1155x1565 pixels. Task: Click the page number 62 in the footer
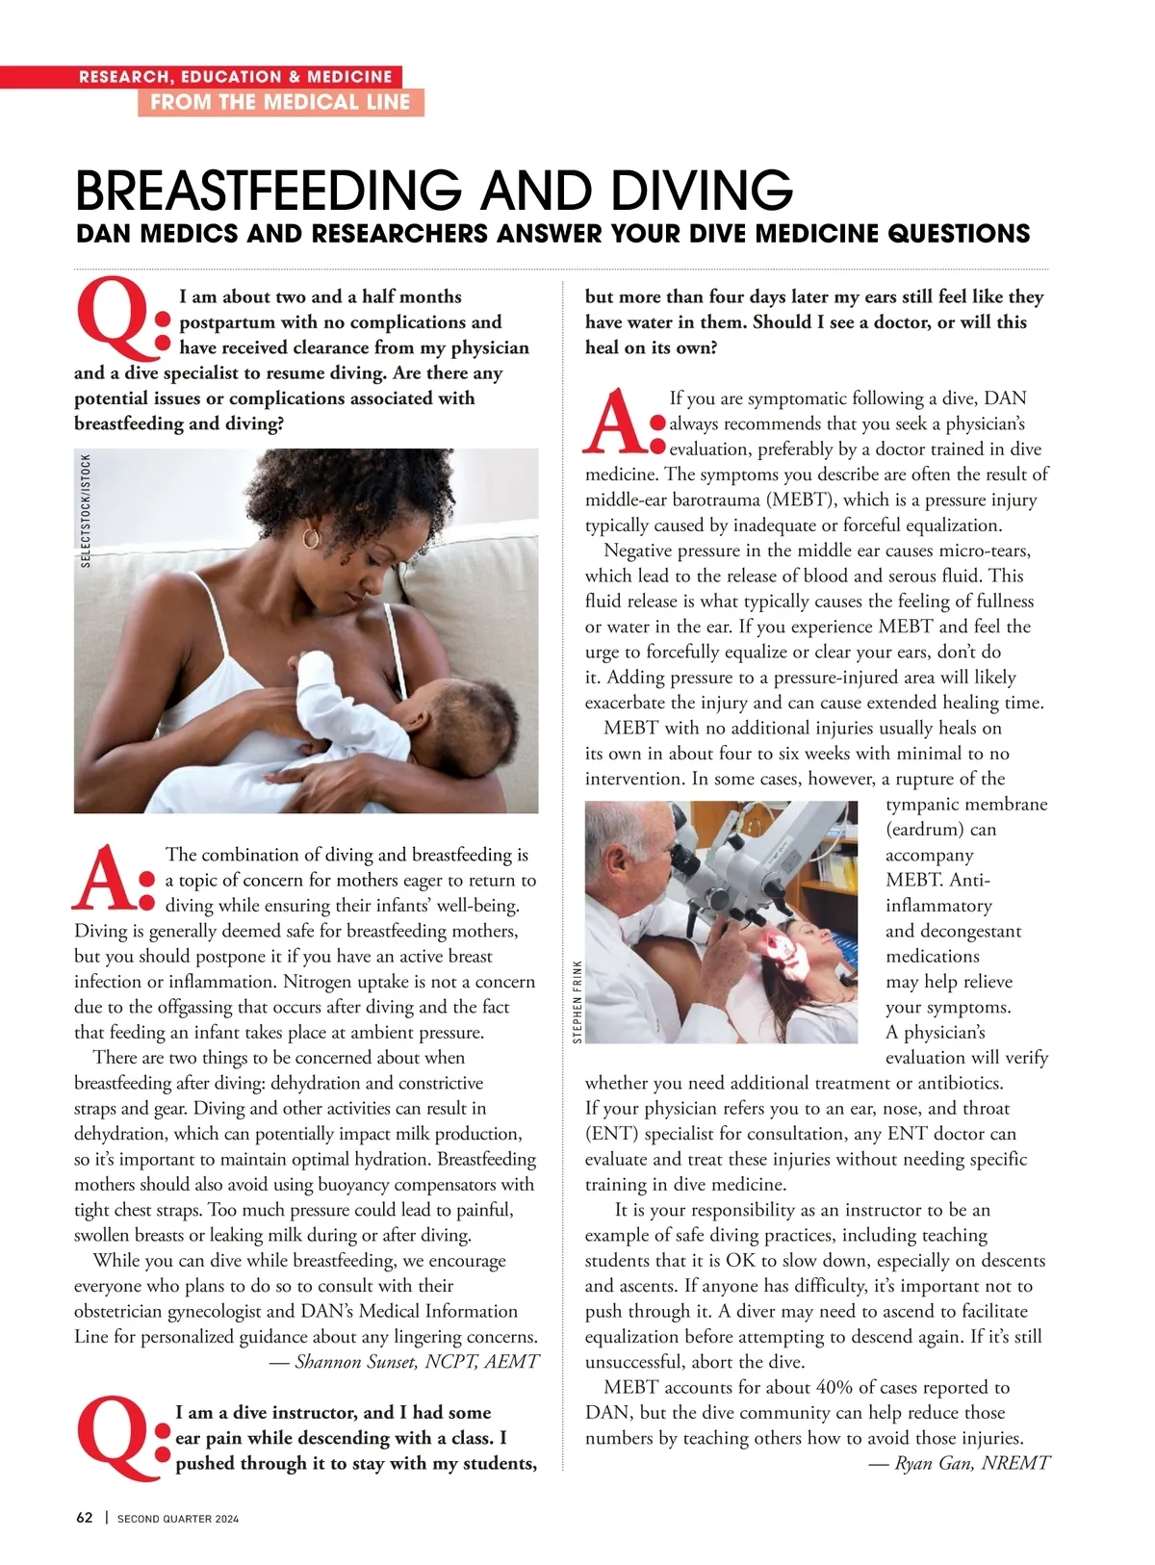[85, 1518]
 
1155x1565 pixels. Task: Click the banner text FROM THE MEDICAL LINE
[280, 102]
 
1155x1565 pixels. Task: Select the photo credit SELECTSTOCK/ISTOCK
[86, 511]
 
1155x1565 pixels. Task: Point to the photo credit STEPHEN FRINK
[577, 1001]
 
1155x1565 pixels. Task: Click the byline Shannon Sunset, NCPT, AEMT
[417, 1362]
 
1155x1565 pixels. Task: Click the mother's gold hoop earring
[311, 535]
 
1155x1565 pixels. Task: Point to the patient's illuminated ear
[788, 949]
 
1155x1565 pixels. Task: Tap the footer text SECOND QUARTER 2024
[178, 1519]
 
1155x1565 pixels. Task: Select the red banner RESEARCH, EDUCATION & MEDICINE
[236, 77]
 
